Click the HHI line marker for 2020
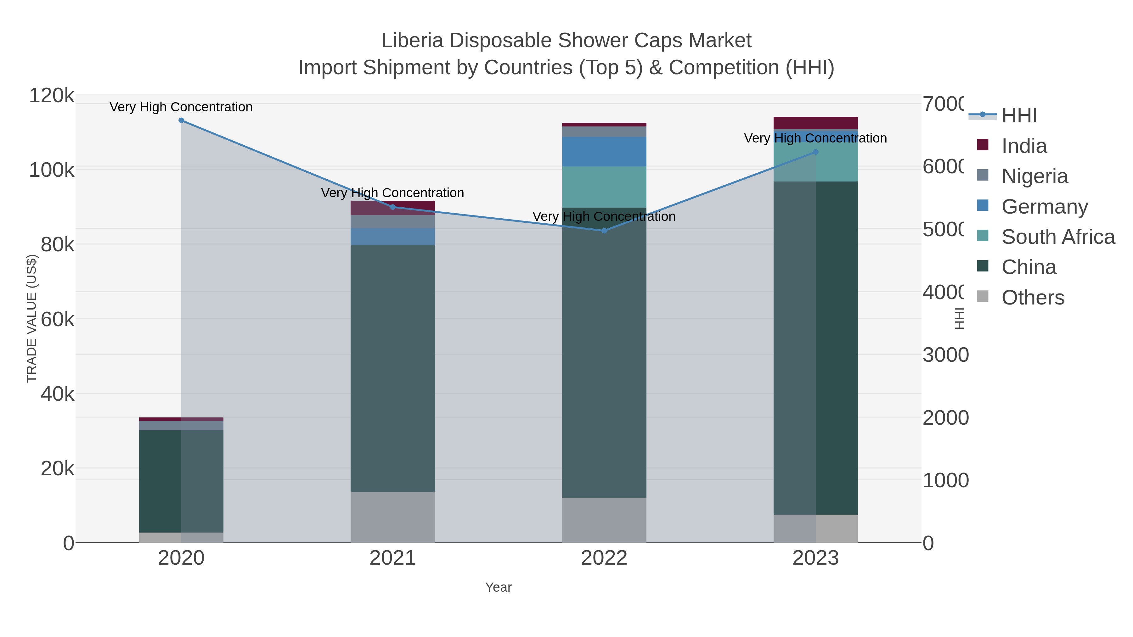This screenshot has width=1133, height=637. (181, 120)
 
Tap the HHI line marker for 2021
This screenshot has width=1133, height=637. (393, 207)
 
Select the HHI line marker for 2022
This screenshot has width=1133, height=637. (604, 231)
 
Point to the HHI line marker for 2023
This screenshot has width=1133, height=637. (815, 152)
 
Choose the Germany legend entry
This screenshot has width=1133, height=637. (1045, 207)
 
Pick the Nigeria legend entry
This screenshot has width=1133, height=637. (1034, 176)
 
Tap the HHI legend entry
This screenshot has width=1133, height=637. (1019, 116)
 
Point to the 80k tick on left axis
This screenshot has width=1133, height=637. (57, 244)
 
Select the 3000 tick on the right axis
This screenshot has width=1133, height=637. (945, 355)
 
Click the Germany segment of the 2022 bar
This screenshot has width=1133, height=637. (604, 152)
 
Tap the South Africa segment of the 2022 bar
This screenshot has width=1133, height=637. (604, 187)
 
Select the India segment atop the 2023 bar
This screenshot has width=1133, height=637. (815, 123)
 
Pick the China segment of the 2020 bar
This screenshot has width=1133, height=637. (181, 481)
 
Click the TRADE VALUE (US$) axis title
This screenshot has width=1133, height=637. (32, 318)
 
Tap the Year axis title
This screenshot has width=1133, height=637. (498, 587)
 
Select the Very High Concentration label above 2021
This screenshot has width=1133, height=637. (392, 193)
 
